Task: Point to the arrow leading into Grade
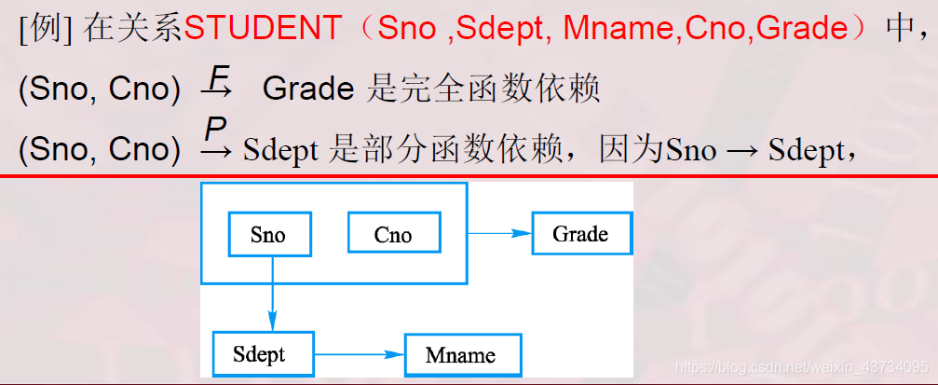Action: pos(499,233)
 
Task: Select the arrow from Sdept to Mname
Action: pos(360,354)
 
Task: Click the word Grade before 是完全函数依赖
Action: pos(308,89)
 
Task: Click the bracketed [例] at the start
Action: pos(46,29)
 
